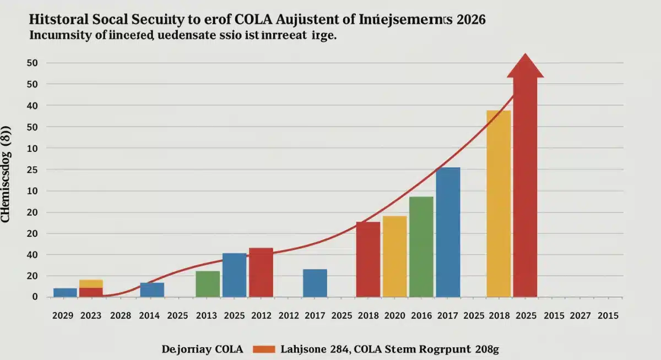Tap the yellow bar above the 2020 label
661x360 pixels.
(x=394, y=256)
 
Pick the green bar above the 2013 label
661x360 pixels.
(x=208, y=283)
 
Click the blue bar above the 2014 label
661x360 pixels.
(x=152, y=290)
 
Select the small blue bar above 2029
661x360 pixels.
(x=65, y=292)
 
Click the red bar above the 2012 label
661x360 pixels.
(x=261, y=272)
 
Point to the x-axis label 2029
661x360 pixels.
(x=63, y=316)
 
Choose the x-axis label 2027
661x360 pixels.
(x=581, y=316)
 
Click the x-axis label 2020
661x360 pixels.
(x=394, y=316)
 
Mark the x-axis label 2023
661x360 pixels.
(x=91, y=316)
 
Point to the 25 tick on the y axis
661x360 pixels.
(x=32, y=170)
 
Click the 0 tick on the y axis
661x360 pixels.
(x=35, y=297)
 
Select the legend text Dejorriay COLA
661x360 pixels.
(x=202, y=348)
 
